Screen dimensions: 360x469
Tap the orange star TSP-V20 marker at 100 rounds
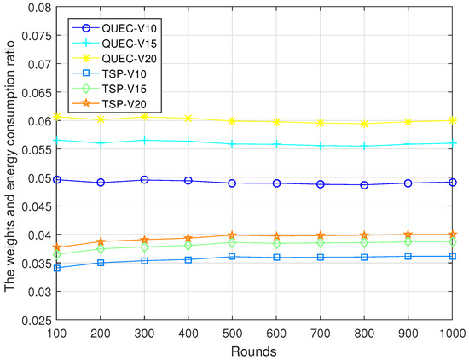pyautogui.click(x=56, y=247)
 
